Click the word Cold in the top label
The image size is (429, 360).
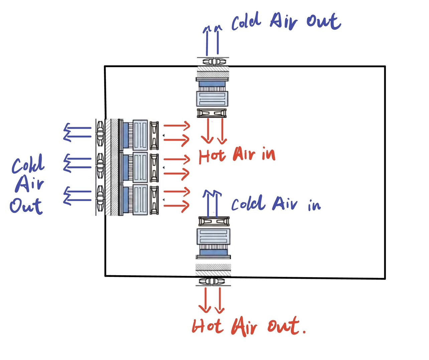click(246, 22)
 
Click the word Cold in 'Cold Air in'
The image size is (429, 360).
click(246, 203)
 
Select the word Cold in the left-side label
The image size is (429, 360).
click(28, 164)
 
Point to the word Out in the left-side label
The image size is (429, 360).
click(26, 206)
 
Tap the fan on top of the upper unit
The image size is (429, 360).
click(213, 61)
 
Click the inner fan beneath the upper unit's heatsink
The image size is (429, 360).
click(213, 113)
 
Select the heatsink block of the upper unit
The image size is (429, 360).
click(213, 99)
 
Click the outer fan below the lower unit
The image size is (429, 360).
click(213, 281)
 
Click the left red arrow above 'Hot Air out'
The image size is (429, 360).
click(205, 299)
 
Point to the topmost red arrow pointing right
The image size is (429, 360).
click(176, 126)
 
